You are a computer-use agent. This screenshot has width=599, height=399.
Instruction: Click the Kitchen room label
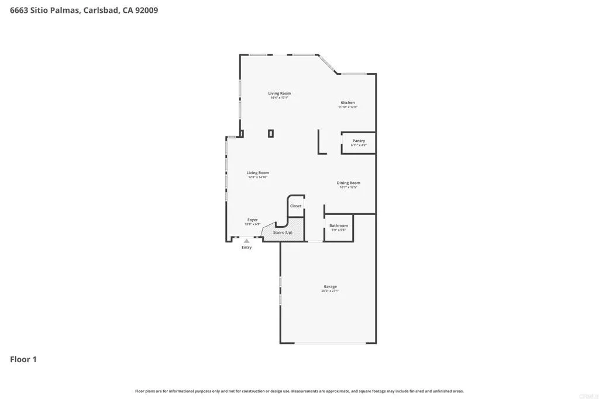tap(347, 103)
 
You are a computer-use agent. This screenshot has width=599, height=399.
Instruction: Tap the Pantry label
tap(359, 141)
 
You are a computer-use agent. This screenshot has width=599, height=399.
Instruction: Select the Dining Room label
tap(348, 183)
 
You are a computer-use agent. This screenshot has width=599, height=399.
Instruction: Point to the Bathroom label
tap(338, 225)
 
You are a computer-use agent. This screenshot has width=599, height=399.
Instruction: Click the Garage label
tap(330, 286)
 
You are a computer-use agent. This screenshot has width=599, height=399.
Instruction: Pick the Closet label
tap(296, 206)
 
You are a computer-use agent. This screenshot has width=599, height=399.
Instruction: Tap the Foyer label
tap(252, 220)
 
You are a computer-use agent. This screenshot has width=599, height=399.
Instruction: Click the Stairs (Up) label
tap(283, 233)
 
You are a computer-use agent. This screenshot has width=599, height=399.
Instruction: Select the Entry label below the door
tap(247, 248)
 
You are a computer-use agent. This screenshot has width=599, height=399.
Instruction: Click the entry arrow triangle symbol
tap(247, 241)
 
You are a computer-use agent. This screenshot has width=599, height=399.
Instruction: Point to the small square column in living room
tap(271, 133)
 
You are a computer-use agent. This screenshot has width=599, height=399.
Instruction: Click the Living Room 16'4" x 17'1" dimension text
tap(279, 98)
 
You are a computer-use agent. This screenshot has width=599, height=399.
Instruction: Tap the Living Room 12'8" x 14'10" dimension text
tap(257, 177)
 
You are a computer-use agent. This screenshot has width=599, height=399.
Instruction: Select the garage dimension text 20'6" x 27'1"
tap(330, 290)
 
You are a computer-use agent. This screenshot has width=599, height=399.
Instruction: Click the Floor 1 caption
tap(23, 359)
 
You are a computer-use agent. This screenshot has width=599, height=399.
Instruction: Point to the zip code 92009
tap(146, 10)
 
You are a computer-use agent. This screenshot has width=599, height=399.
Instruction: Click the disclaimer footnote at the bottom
tap(299, 391)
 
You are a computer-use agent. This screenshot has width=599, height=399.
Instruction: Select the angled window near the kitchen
tap(327, 64)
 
